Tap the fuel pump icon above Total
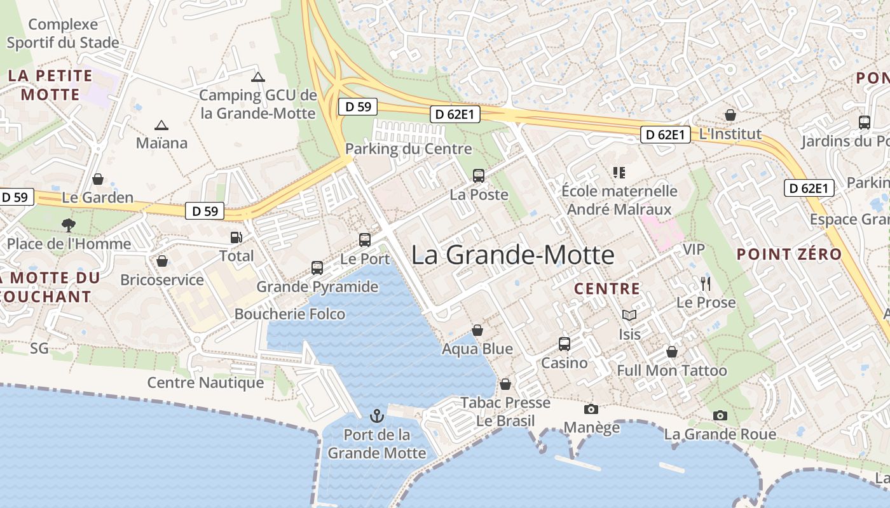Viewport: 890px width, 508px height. (x=236, y=237)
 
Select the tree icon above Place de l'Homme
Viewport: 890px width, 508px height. (x=68, y=225)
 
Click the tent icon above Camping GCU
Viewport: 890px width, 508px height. (x=257, y=77)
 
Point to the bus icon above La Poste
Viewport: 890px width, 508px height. (x=479, y=176)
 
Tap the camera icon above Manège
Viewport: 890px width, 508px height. (x=591, y=409)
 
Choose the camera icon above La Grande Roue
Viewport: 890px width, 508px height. (x=720, y=415)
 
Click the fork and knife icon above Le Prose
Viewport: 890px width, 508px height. (x=706, y=284)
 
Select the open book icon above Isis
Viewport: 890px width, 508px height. (x=629, y=315)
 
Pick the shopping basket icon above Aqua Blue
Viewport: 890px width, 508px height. (x=477, y=330)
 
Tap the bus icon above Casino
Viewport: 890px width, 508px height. (x=564, y=344)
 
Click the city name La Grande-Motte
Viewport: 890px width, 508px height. (x=512, y=255)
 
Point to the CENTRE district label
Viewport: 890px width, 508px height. (x=607, y=289)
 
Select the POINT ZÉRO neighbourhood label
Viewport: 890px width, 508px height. (x=789, y=255)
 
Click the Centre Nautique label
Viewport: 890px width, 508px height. (x=205, y=382)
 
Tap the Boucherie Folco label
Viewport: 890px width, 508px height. (x=290, y=314)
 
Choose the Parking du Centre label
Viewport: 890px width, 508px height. (x=409, y=149)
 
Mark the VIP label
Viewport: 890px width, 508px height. (x=694, y=249)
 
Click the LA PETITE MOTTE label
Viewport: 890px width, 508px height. (x=50, y=85)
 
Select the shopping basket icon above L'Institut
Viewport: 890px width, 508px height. (x=730, y=115)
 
